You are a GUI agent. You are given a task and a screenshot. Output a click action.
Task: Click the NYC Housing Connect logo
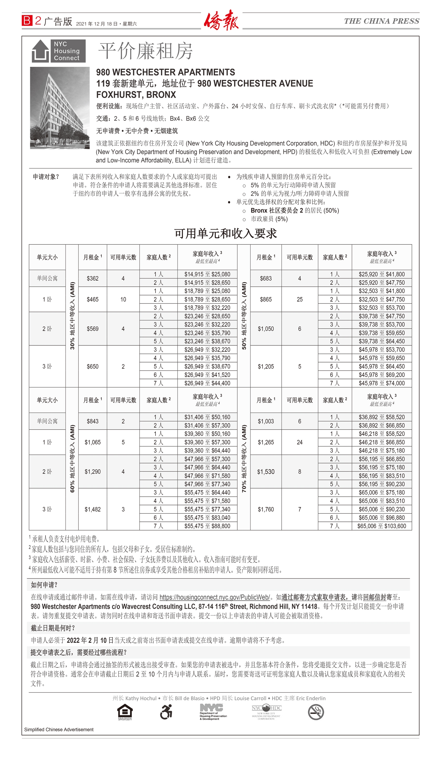[x=59, y=51]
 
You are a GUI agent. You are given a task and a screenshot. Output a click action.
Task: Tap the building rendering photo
[x=60, y=108]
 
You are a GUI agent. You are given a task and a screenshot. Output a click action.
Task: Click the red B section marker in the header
[x=27, y=21]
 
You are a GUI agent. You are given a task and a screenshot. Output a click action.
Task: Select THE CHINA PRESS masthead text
[x=381, y=21]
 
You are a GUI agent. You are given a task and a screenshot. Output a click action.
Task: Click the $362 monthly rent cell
[x=92, y=279]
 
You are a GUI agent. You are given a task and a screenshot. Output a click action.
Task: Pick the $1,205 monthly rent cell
[x=266, y=366]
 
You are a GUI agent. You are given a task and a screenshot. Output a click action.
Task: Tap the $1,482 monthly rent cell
[x=92, y=509]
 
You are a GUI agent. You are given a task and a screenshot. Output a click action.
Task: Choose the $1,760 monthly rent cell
[x=266, y=509]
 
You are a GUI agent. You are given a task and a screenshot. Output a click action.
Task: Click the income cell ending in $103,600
[x=381, y=526]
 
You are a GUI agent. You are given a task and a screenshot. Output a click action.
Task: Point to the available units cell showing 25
[x=300, y=299]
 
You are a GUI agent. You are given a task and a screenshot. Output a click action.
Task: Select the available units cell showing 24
[x=300, y=442]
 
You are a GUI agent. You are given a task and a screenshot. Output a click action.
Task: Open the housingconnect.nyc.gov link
[x=214, y=597]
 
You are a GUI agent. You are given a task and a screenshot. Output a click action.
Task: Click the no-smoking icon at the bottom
[x=315, y=712]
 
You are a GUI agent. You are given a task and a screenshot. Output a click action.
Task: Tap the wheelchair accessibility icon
[x=166, y=712]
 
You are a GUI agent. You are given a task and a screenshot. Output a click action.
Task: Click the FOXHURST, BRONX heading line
[x=136, y=95]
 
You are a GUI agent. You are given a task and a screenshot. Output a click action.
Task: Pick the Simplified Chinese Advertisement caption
[x=59, y=729]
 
